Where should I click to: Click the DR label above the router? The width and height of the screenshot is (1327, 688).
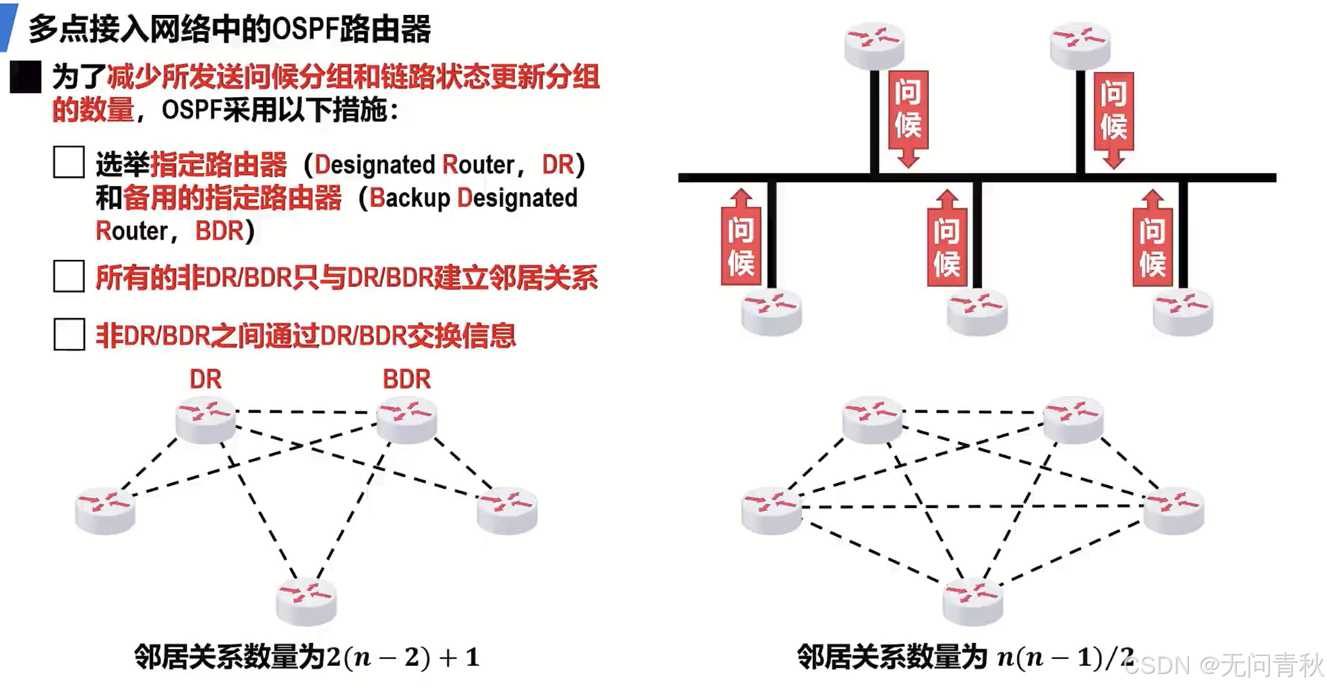[x=205, y=379]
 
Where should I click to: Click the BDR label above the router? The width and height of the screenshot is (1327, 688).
[x=406, y=379]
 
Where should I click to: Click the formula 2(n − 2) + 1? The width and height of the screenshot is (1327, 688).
[x=403, y=657]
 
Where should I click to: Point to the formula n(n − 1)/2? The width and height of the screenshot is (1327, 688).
[x=1065, y=657]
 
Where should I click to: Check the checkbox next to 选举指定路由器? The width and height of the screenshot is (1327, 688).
[x=69, y=162]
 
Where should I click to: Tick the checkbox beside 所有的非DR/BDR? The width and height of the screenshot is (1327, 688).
[x=69, y=276]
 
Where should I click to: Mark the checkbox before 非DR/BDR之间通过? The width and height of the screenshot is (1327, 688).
[x=69, y=334]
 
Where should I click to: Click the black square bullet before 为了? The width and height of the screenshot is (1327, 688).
[x=26, y=77]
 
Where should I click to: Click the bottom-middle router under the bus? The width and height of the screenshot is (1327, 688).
[x=977, y=311]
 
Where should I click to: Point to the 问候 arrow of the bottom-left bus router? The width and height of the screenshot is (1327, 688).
[x=741, y=239]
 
